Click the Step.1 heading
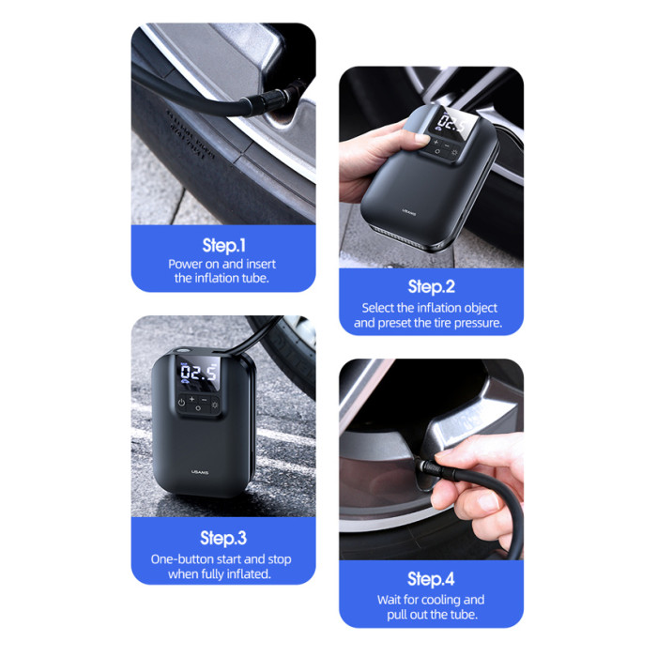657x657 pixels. [223, 246]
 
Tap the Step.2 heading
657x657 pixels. [431, 286]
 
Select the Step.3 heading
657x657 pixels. [223, 538]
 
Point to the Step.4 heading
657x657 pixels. [431, 579]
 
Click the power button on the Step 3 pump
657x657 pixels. [181, 403]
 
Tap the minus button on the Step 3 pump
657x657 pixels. [204, 400]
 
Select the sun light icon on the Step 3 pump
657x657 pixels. [215, 405]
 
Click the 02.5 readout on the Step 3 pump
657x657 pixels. [199, 372]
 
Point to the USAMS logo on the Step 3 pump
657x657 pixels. [200, 472]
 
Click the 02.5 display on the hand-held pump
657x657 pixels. [452, 124]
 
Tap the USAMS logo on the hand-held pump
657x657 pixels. [409, 211]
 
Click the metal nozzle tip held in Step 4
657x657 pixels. [425, 466]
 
